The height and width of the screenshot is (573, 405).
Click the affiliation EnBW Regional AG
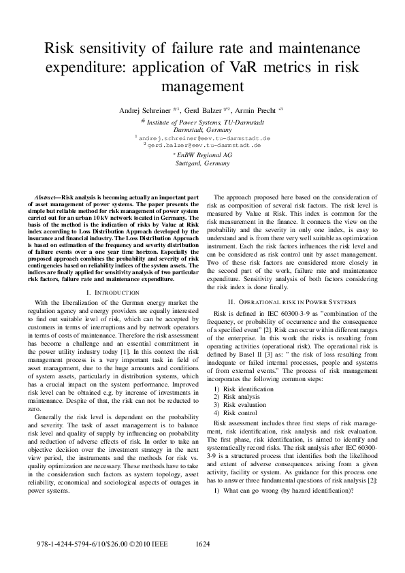[204, 155]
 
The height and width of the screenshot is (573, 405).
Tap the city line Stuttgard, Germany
[202, 163]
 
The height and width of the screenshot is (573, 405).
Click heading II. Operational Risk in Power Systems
[291, 301]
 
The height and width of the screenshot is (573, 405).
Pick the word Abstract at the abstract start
[46, 196]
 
